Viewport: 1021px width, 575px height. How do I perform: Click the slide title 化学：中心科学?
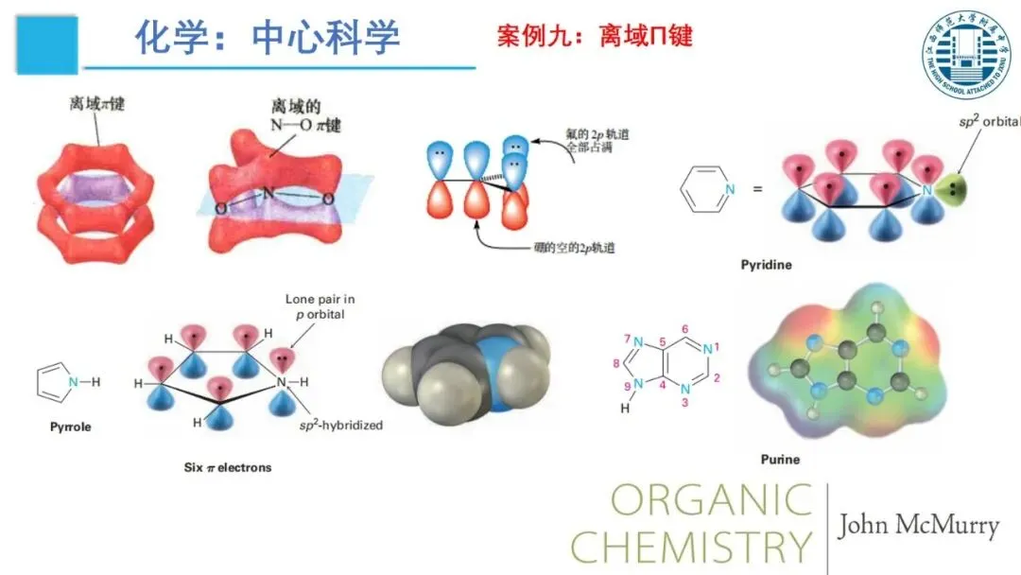[267, 37]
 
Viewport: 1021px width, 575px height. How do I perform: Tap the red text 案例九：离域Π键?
[595, 36]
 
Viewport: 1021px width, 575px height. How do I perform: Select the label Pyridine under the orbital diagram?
[766, 265]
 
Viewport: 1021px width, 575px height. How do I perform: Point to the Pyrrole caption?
[71, 427]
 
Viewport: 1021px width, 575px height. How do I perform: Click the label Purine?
[780, 460]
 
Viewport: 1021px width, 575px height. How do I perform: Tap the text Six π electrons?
[228, 467]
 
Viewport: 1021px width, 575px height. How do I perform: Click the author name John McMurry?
[917, 527]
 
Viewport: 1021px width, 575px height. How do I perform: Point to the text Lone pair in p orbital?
[320, 305]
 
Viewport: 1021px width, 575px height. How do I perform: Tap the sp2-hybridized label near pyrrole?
[341, 426]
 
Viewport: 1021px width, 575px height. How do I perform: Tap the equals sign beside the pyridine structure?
[756, 189]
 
